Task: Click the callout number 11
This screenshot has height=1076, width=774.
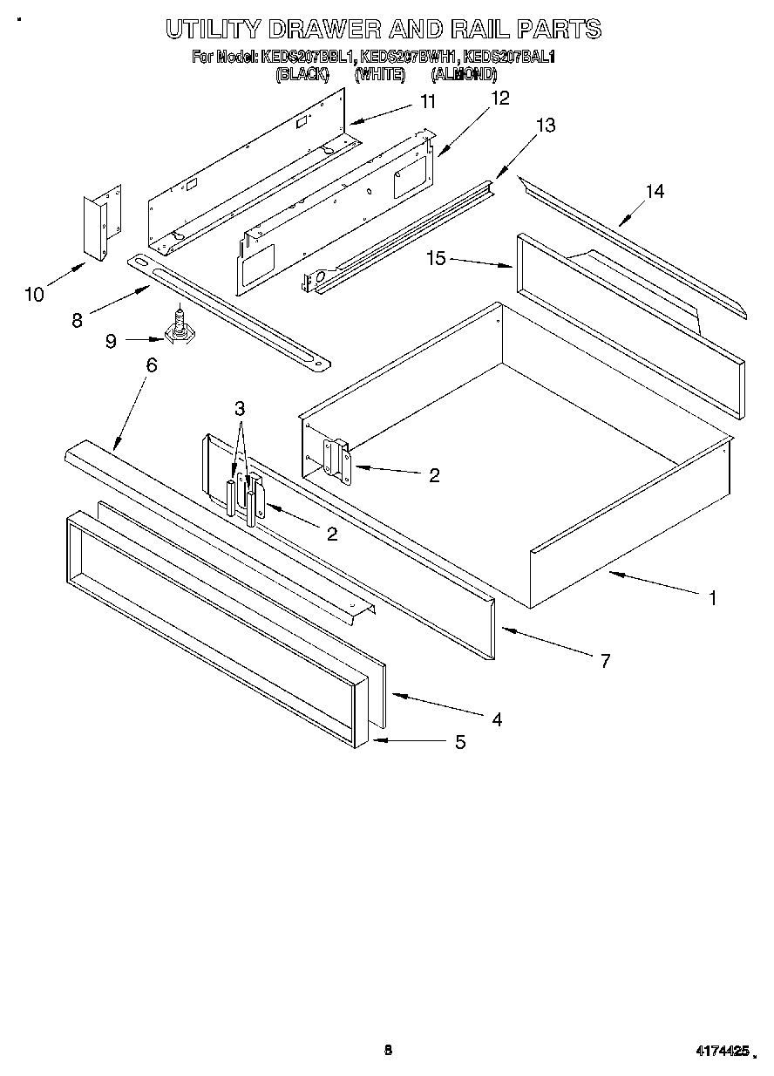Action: tap(427, 101)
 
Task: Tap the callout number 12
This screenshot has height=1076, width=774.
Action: tap(500, 98)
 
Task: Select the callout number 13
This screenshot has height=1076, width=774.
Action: tap(545, 126)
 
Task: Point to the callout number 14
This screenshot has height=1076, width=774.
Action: tap(655, 191)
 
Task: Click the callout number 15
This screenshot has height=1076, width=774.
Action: tap(436, 258)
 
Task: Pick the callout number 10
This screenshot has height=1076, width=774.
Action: tap(34, 295)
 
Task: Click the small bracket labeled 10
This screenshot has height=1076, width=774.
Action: tap(102, 223)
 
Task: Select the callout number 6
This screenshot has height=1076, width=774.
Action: tap(152, 365)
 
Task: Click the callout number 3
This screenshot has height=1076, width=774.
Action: tap(240, 408)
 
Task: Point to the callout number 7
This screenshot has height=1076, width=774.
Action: tap(605, 661)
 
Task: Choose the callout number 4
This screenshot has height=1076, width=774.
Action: tap(496, 719)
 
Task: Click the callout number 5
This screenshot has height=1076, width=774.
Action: tap(459, 742)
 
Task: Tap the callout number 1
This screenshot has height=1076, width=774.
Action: tap(713, 598)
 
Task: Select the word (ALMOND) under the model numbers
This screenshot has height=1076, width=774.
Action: tap(464, 75)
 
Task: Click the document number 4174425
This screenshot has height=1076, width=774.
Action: tap(721, 1052)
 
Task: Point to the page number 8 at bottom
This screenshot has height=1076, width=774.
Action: tap(388, 1050)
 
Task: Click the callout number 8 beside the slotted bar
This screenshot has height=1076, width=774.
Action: tap(78, 320)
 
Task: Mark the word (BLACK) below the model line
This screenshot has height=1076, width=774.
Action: tap(302, 75)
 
